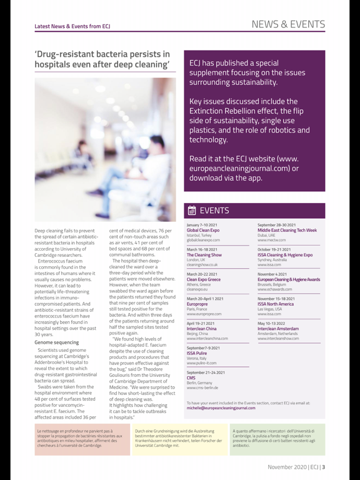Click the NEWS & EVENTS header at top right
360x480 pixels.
coord(288,24)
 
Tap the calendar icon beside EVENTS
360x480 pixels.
coord(191,211)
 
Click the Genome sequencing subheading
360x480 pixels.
coord(56,342)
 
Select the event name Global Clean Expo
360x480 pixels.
coord(203,230)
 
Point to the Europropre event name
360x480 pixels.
coord(199,304)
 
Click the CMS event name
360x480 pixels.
coord(192,377)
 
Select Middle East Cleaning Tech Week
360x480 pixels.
coord(287,230)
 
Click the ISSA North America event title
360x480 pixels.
coord(280,304)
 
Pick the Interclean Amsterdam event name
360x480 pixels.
coord(282,328)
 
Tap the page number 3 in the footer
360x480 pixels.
coord(323,466)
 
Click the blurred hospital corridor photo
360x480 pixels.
coord(105,150)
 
